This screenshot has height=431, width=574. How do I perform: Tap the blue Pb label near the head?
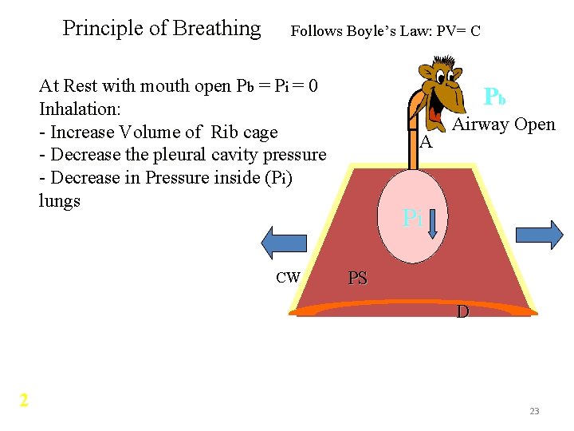[494, 97]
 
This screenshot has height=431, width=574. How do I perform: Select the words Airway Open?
[504, 125]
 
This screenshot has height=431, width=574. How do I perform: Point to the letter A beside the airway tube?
[426, 143]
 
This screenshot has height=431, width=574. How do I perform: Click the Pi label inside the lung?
[411, 217]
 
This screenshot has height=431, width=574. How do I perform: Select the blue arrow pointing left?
[278, 243]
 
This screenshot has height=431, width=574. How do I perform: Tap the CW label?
[288, 278]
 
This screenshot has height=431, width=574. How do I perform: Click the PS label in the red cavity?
[358, 279]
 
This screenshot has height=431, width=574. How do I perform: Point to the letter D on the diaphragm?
[462, 312]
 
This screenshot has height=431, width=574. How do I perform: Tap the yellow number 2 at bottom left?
[24, 400]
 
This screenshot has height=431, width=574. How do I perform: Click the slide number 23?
[534, 411]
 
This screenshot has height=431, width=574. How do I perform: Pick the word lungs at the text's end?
[60, 200]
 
